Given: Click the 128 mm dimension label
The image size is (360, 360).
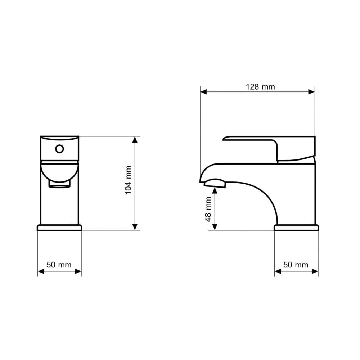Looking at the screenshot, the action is pos(260,87).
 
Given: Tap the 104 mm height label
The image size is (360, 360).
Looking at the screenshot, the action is pos(128,180).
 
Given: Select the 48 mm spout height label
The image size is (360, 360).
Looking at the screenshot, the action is pos(208,209).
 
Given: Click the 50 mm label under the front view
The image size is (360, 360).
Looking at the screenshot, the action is pos(59,265).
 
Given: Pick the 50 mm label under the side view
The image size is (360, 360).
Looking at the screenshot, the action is pos(296,265).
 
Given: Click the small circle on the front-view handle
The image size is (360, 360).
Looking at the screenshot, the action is pos(59,149).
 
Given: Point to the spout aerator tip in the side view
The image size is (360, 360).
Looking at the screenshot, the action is pos(215,183).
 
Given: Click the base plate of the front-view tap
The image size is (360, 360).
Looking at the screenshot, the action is pos(59,228).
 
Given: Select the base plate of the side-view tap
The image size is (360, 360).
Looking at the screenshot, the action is pos(296,228).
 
